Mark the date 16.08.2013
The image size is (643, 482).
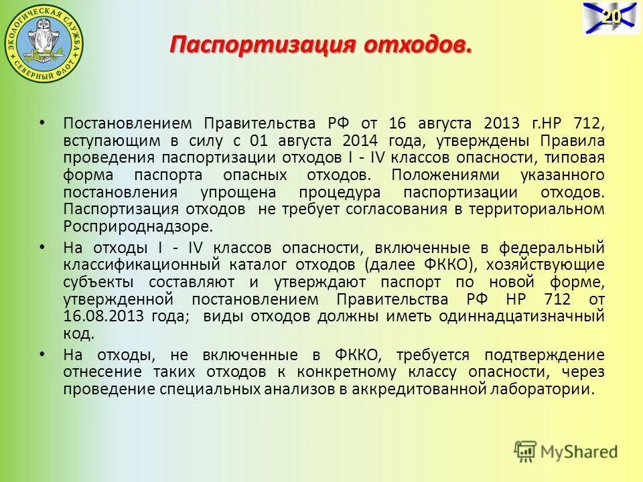pyautogui.click(x=107, y=316)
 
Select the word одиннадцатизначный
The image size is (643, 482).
pyautogui.click(x=519, y=316)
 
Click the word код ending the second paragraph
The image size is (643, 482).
pyautogui.click(x=78, y=333)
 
